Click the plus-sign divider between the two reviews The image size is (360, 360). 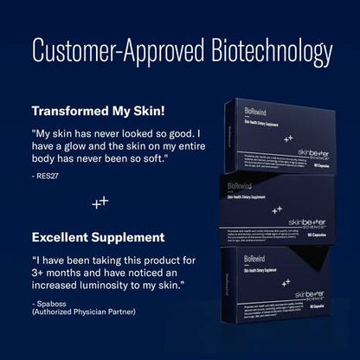click(100, 202)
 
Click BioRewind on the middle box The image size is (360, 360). click(240, 186)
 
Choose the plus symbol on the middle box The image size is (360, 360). click(276, 209)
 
